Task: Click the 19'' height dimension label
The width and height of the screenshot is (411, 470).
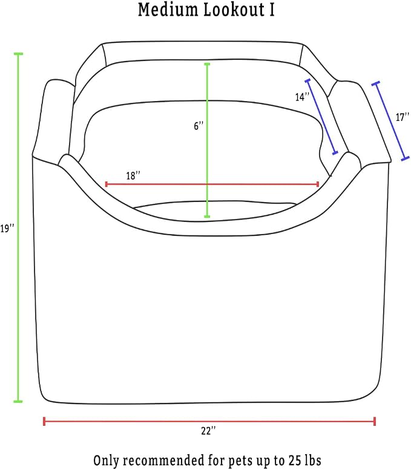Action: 7,229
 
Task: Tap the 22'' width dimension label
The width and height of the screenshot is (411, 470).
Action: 208,431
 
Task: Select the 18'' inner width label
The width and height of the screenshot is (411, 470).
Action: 133,175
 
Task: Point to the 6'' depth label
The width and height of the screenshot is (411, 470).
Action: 199,126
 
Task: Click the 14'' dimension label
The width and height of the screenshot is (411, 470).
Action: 302,97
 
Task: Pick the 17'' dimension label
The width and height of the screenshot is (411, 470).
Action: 403,117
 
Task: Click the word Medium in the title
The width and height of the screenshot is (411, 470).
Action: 168,10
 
